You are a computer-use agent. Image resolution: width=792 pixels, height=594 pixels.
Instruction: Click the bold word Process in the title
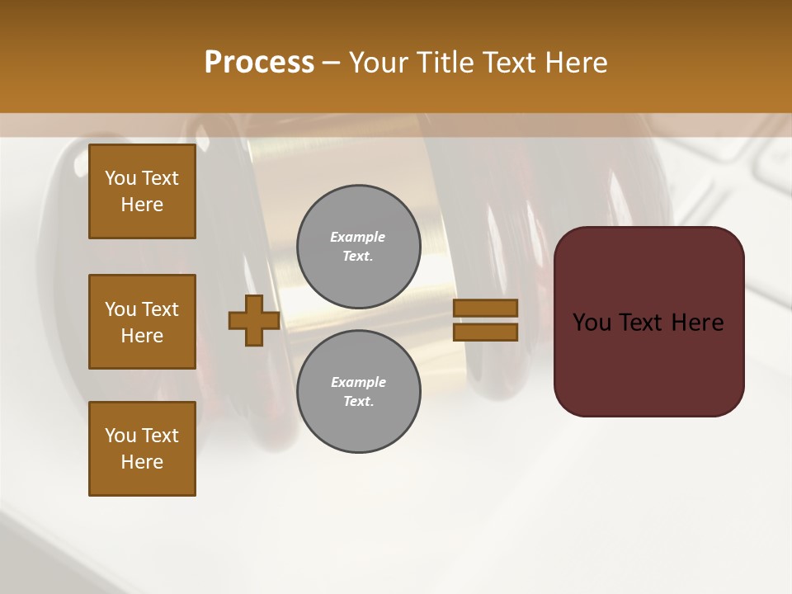point(259,63)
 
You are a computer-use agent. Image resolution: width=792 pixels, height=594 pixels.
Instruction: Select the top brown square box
point(142,191)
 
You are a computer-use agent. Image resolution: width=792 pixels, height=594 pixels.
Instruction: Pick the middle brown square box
point(142,322)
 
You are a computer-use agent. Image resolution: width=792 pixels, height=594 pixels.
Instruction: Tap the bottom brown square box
point(142,449)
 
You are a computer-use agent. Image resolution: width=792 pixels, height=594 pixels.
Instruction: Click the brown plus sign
point(254,320)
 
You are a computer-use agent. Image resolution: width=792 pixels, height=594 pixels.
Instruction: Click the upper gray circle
point(358,247)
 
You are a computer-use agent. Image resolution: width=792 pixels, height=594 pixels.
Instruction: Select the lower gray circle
point(358,391)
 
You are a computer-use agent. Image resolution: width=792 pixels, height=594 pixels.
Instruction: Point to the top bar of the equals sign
point(485,308)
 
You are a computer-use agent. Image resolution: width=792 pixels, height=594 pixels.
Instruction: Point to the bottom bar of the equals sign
point(485,332)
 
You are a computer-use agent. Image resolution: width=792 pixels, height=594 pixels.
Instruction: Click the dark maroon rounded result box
point(648,322)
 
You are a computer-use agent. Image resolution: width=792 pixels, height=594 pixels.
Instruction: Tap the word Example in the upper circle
point(358,237)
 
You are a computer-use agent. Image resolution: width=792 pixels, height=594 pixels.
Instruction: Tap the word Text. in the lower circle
point(358,402)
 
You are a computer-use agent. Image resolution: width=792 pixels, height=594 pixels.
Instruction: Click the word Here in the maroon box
point(697,323)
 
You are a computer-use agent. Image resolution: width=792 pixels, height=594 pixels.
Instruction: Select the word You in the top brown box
point(120,178)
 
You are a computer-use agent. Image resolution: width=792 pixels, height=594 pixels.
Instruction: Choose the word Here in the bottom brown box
point(142,462)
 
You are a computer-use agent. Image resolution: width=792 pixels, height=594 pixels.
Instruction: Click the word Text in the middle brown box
point(160,309)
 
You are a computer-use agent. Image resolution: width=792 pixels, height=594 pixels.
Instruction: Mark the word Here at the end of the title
point(577,63)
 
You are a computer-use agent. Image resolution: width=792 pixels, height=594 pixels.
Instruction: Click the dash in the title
point(331,63)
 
